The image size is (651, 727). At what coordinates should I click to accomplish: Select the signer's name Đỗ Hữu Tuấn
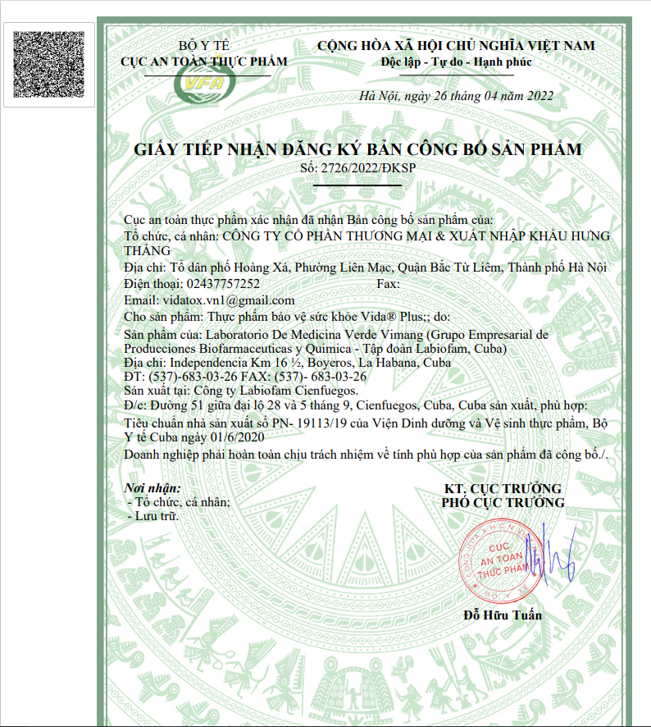[503, 615]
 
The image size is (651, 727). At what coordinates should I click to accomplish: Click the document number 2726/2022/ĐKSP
[370, 168]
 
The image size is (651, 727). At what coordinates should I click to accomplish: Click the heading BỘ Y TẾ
[204, 46]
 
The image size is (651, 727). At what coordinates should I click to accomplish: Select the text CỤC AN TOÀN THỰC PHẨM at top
[204, 62]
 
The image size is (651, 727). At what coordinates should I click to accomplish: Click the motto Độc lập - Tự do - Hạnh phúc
[457, 62]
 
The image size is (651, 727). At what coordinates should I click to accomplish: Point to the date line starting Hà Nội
[457, 96]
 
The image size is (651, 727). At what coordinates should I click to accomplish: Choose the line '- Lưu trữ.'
[153, 517]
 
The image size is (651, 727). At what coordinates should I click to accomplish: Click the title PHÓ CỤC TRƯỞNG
[503, 503]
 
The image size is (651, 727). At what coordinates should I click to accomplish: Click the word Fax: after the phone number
[387, 285]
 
